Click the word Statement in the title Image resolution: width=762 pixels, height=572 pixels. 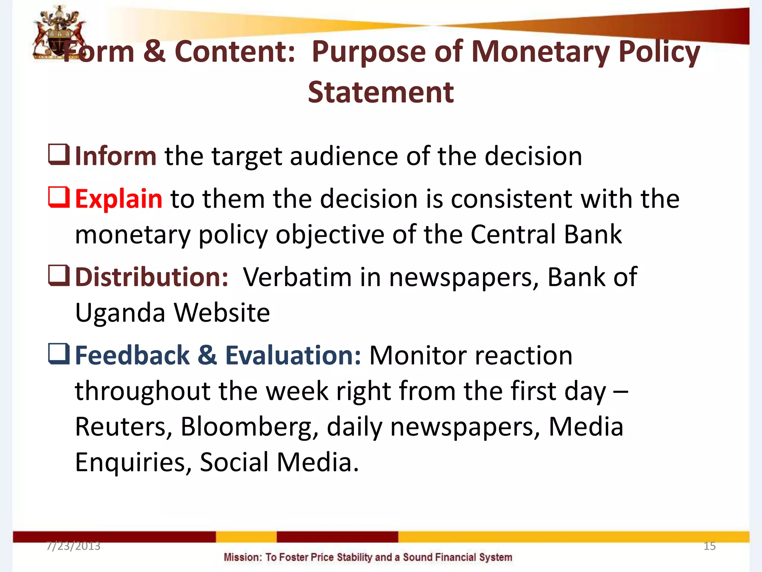click(381, 92)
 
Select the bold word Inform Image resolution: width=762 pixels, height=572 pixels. click(116, 156)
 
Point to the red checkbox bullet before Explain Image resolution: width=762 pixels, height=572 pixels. click(59, 197)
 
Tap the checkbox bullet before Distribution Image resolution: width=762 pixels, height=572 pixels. click(59, 276)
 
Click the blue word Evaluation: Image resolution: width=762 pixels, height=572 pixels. click(293, 355)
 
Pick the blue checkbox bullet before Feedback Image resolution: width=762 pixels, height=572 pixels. click(59, 354)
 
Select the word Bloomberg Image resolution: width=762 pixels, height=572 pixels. click(249, 426)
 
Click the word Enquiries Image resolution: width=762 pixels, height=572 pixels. click(133, 462)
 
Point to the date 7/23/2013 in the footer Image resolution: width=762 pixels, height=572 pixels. click(73, 546)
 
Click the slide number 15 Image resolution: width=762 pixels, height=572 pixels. click(710, 546)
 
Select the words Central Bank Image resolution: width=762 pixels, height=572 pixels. click(546, 234)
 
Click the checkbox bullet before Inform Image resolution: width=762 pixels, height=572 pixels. click(59, 155)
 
